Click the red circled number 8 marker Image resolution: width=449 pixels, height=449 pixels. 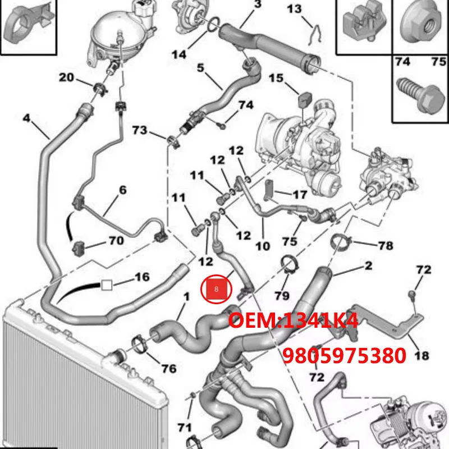coord(216,290)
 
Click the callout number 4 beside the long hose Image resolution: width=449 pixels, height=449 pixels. coord(26,119)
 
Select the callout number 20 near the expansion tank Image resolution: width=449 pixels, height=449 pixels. coord(67,77)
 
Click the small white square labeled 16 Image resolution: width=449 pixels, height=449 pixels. coord(107,285)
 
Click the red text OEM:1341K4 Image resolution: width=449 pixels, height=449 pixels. coord(292,322)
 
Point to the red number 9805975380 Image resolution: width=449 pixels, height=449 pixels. coord(344,355)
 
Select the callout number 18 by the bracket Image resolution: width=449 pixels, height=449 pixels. coord(422,355)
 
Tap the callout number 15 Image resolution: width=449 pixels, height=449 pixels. coord(276,77)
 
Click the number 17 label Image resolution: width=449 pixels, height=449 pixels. coord(300,195)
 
